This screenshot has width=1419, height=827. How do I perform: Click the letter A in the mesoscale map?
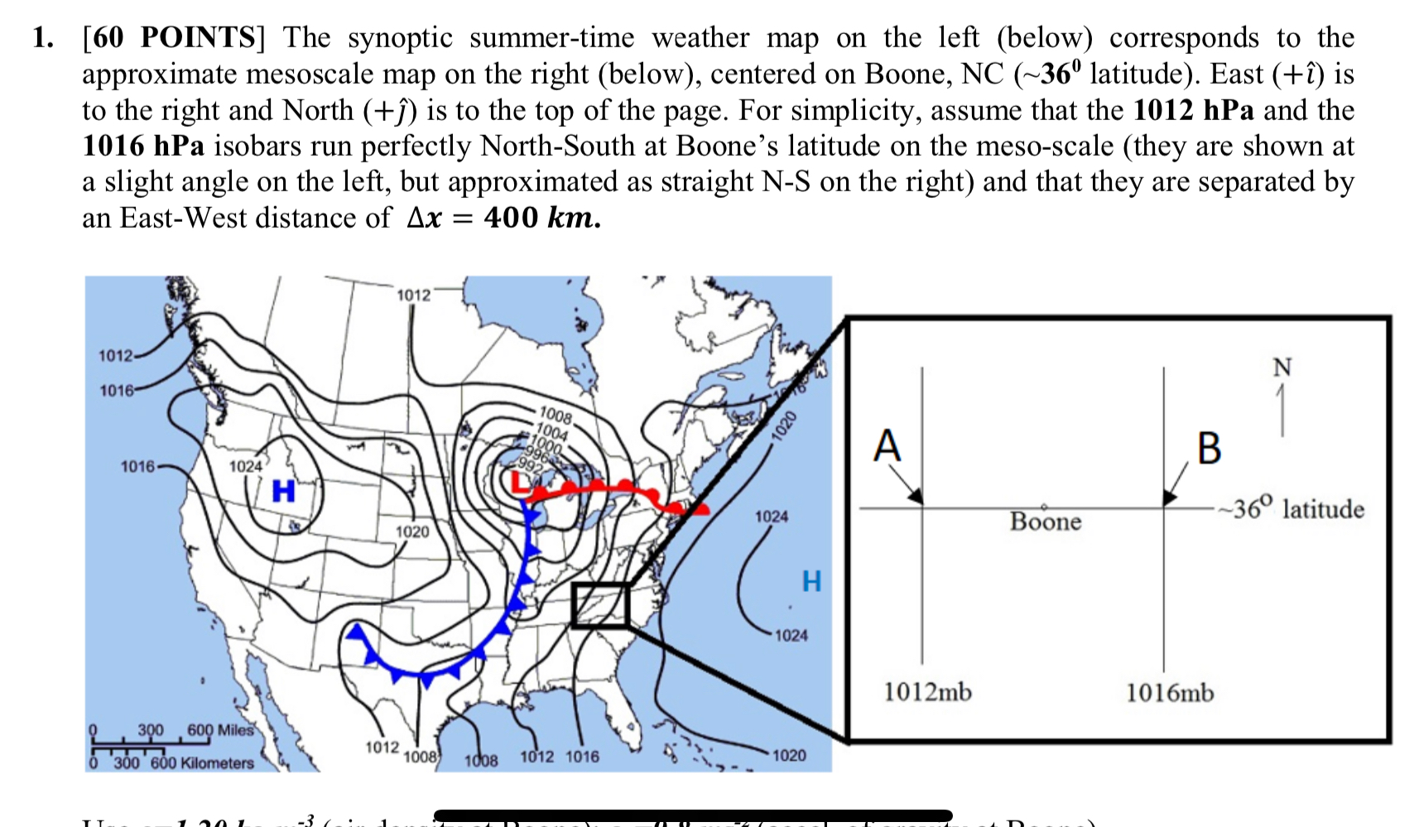point(887,446)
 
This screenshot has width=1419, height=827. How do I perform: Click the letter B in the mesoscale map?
point(1209,449)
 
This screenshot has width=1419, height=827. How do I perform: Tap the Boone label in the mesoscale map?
point(1046,522)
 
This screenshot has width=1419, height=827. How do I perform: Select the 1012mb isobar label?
point(927,691)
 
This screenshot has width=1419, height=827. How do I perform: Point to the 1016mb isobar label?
point(1169,692)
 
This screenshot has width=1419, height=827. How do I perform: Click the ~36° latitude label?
point(1291,508)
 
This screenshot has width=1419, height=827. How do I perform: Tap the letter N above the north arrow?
point(1282,367)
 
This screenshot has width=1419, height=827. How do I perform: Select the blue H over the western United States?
point(283,491)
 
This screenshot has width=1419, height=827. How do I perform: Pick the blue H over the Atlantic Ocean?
point(811,581)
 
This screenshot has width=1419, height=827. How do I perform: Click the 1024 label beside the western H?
point(245,467)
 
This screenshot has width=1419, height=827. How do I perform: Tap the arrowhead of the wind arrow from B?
point(1169,497)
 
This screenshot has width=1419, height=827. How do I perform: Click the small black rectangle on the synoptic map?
point(600,605)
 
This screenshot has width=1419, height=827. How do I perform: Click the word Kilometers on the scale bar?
point(217,763)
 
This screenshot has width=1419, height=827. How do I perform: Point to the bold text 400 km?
point(541,218)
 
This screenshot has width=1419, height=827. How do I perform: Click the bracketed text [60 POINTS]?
point(173,38)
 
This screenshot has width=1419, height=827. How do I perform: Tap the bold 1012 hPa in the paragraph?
point(1193,110)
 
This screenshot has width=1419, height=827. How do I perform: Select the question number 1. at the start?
point(43,38)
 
